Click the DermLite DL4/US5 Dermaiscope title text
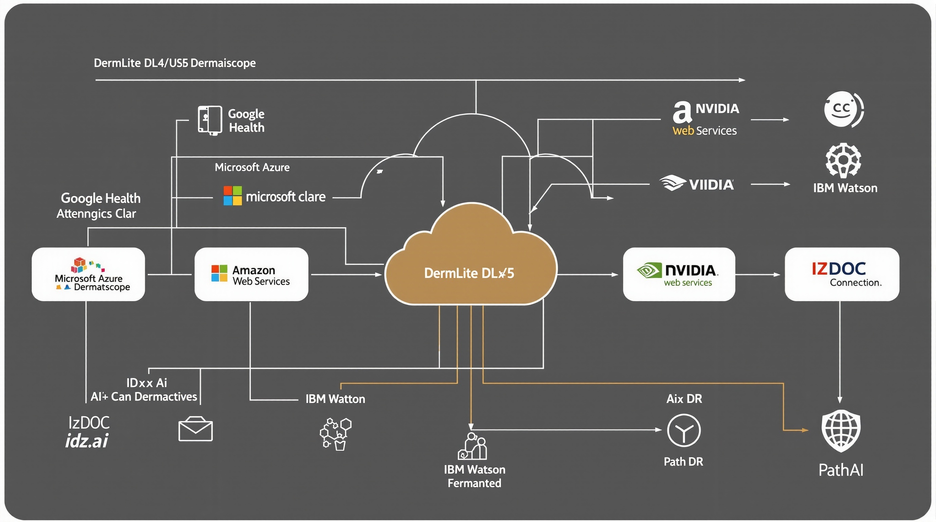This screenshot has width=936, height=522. [174, 63]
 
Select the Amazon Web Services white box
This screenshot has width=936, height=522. [251, 275]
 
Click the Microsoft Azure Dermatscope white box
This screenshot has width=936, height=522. [88, 275]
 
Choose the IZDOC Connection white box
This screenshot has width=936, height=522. [841, 275]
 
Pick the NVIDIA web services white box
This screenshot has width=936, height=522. [679, 275]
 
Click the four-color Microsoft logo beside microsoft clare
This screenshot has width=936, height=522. [233, 196]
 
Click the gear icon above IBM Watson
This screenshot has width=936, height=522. [843, 160]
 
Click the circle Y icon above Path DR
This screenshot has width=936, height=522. [684, 431]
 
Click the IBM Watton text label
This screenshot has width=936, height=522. [335, 399]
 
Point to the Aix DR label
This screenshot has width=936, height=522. [684, 399]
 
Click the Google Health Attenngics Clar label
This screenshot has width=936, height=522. [98, 206]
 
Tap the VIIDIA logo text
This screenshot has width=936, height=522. [711, 185]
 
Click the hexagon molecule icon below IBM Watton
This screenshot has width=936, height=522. [335, 434]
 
